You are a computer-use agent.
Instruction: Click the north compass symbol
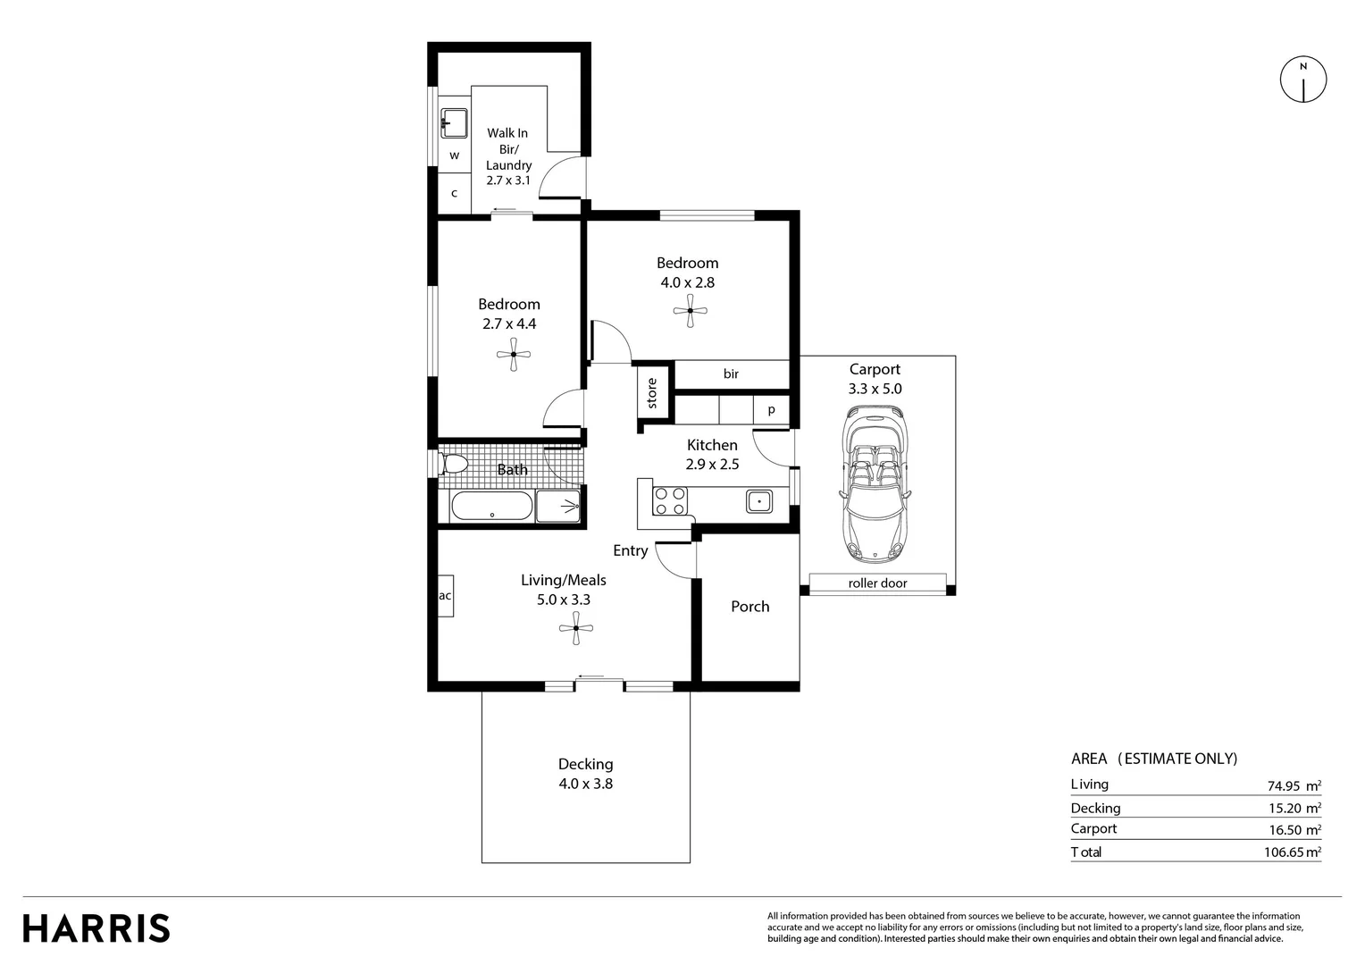tap(1303, 80)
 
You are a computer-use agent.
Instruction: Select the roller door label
tap(877, 583)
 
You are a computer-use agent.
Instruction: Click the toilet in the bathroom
tap(453, 464)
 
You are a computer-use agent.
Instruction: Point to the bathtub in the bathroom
tap(490, 507)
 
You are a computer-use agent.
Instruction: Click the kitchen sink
tap(759, 501)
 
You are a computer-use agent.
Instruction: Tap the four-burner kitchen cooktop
tap(669, 501)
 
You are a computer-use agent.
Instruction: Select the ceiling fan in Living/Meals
tap(576, 629)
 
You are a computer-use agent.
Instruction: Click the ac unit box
tap(445, 596)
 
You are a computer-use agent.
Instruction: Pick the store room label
tap(652, 393)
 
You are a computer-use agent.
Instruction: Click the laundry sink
tap(454, 122)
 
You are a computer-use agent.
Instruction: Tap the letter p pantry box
tap(772, 410)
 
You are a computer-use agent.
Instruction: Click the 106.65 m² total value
tap(1292, 852)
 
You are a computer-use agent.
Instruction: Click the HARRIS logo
tap(96, 928)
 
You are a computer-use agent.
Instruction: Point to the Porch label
tap(749, 607)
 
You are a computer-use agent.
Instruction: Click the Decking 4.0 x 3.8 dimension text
tap(586, 784)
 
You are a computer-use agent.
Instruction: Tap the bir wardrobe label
tap(731, 374)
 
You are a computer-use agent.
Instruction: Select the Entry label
tap(630, 551)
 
